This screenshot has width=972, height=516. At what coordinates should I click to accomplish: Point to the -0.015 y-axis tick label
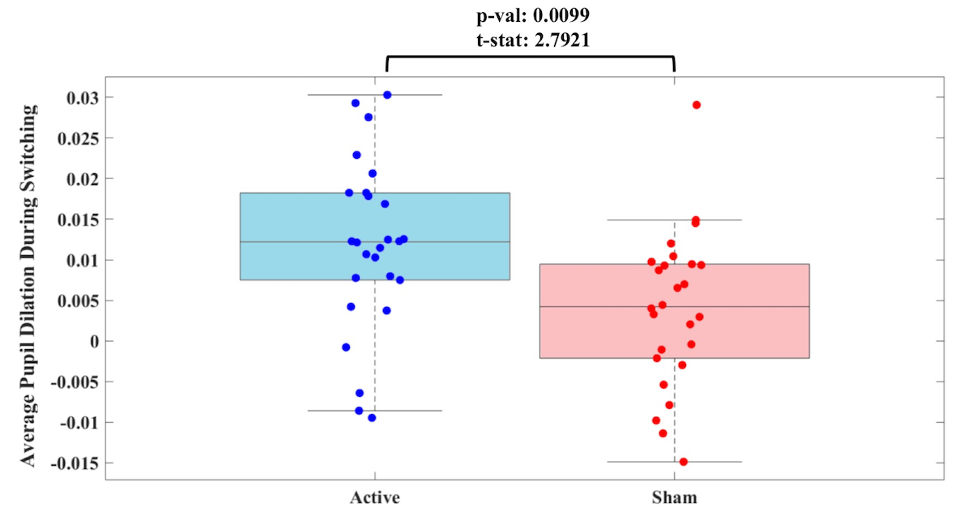pos(74,463)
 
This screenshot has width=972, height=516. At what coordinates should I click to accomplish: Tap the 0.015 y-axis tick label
pos(77,220)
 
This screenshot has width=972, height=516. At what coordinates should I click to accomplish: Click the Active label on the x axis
pos(375,496)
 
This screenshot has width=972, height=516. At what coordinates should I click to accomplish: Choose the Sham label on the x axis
pos(674,496)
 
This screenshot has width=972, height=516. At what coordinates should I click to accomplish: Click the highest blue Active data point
pos(387,95)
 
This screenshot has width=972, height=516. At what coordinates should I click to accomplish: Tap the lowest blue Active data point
pos(372,418)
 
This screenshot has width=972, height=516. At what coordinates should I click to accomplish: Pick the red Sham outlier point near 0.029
pos(697,105)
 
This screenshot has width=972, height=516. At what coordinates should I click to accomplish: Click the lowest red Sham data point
pos(683,462)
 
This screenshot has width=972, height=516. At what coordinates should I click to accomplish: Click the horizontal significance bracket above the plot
pos(531,57)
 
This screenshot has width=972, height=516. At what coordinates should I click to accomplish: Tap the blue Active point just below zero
pos(346,347)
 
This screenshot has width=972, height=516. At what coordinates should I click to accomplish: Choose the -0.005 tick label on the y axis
pos(74,382)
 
